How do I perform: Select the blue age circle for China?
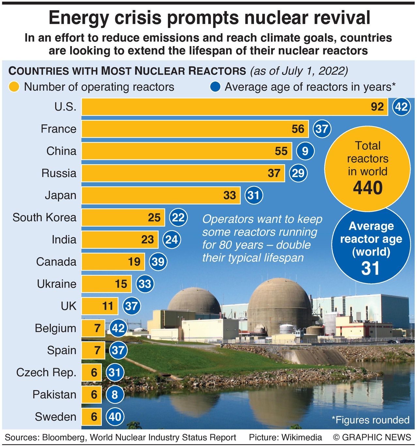[305, 151]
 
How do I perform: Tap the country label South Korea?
[44, 217]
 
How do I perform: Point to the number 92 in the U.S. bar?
[377, 107]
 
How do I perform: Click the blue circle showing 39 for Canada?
[158, 261]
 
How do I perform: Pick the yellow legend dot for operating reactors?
[14, 87]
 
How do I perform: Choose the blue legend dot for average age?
[215, 87]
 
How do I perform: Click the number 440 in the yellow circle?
[367, 188]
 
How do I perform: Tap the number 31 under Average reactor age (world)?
[370, 268]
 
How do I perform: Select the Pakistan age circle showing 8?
[115, 395]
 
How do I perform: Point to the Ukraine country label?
[56, 284]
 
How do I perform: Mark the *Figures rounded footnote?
[370, 420]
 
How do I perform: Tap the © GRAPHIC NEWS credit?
[372, 438]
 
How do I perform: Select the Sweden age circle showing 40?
[115, 417]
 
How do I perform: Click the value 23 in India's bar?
[147, 240]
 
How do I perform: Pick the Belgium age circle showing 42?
[118, 328]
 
